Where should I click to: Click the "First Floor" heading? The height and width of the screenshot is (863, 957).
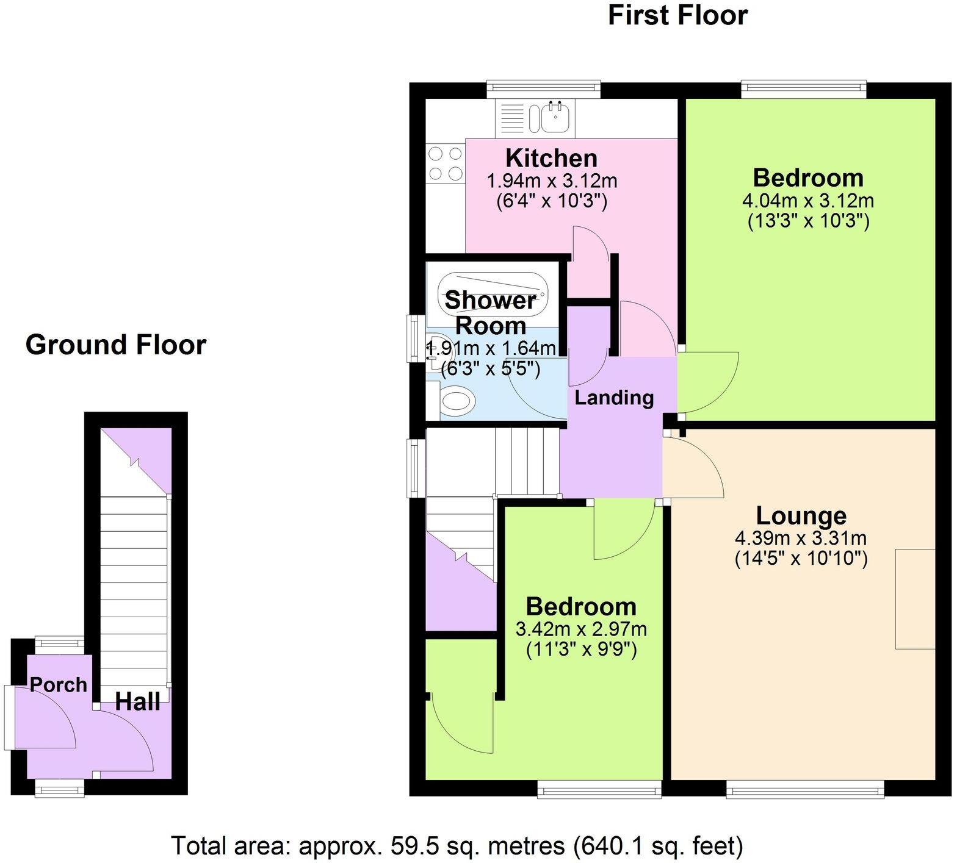pyautogui.click(x=677, y=15)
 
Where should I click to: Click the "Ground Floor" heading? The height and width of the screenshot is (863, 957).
pyautogui.click(x=116, y=345)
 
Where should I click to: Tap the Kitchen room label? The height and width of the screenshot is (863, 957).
pyautogui.click(x=552, y=159)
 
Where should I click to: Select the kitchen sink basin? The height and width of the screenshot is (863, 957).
pyautogui.click(x=555, y=117)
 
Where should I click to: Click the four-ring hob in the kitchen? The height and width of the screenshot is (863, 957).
pyautogui.click(x=445, y=164)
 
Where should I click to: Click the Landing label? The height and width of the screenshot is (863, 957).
pyautogui.click(x=614, y=398)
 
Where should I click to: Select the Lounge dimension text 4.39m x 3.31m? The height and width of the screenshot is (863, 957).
pyautogui.click(x=801, y=539)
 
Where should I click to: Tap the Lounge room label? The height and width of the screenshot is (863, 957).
pyautogui.click(x=801, y=516)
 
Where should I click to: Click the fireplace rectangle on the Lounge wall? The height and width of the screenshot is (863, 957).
pyautogui.click(x=915, y=598)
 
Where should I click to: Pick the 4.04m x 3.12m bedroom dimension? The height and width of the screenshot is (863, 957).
pyautogui.click(x=808, y=200)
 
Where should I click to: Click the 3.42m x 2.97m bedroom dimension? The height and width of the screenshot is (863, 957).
pyautogui.click(x=581, y=629)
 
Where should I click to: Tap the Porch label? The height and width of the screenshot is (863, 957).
pyautogui.click(x=59, y=685)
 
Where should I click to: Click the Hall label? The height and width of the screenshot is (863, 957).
pyautogui.click(x=138, y=701)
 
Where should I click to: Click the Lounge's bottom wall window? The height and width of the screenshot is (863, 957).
pyautogui.click(x=805, y=790)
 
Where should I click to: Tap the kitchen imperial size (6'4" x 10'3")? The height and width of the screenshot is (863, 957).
pyautogui.click(x=552, y=201)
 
